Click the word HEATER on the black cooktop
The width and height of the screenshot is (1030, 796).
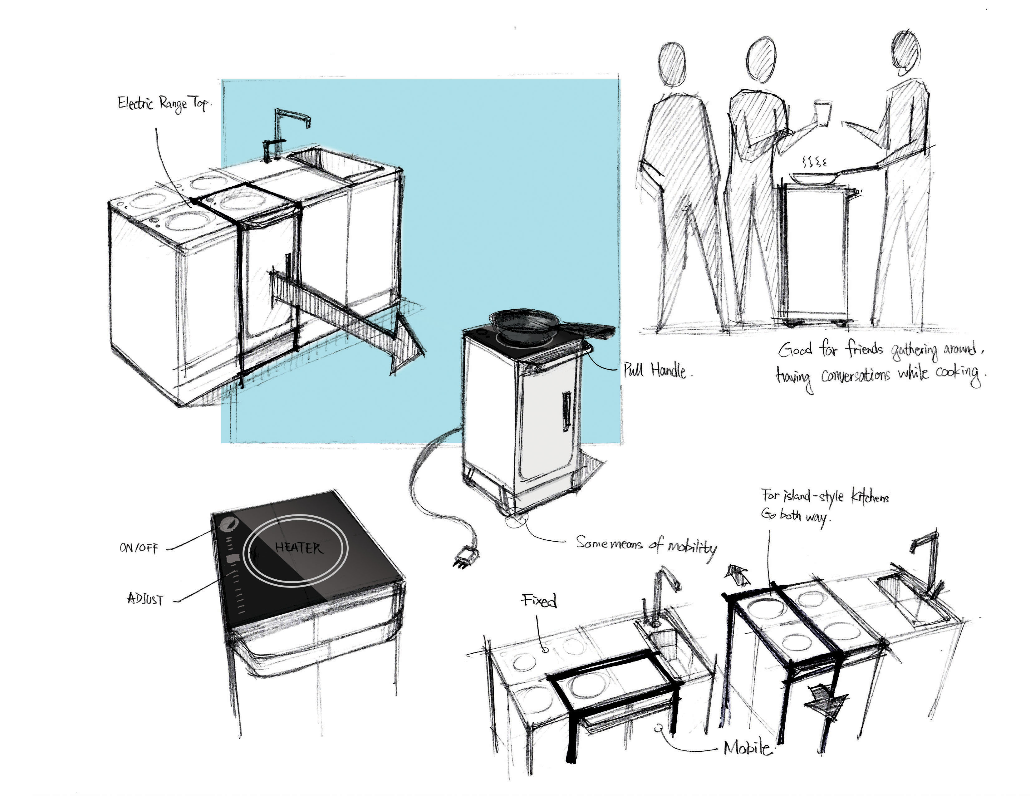(298, 548)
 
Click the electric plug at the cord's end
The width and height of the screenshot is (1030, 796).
(466, 558)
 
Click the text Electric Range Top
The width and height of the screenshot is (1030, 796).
(163, 104)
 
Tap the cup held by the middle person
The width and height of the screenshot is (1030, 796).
(822, 112)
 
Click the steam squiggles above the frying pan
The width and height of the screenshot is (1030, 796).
(814, 163)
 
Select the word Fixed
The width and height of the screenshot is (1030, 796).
(539, 600)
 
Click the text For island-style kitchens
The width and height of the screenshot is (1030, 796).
(824, 497)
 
